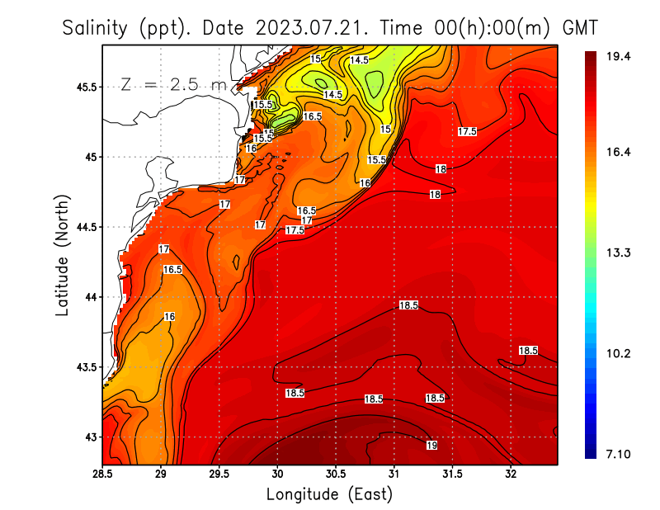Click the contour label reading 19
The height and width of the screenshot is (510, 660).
[431, 446]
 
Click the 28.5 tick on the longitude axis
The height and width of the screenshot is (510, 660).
[103, 474]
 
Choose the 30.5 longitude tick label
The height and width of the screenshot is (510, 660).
[336, 474]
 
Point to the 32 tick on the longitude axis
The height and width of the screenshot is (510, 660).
[511, 474]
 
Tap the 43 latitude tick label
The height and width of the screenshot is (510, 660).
[90, 437]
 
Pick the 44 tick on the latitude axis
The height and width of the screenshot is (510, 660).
[90, 297]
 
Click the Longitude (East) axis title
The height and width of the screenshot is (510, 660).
[329, 493]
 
